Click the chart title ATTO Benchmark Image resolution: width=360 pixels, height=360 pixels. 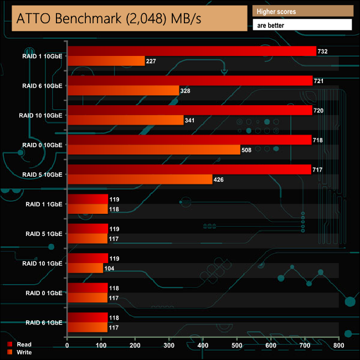(109, 18)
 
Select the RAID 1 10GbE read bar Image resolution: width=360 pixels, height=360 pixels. (191, 51)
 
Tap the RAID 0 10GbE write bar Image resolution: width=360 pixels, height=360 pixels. (153, 150)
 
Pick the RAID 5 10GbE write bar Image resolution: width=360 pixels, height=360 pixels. (140, 179)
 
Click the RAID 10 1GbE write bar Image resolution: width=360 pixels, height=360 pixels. (85, 268)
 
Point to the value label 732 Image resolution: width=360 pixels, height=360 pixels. (323, 52)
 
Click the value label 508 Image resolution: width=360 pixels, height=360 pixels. (248, 150)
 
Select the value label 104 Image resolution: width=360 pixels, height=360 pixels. (111, 268)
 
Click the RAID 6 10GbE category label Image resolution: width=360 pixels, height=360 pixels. (42, 86)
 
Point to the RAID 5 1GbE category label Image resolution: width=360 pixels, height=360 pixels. (44, 234)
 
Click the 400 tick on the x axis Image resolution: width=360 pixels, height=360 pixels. (203, 346)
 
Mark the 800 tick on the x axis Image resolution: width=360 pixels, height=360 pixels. (339, 346)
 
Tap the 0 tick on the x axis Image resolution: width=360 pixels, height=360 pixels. (67, 346)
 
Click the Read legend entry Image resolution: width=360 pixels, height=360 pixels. (24, 344)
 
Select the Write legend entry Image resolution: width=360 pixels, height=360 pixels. (24, 352)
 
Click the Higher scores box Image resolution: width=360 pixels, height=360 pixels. (302, 11)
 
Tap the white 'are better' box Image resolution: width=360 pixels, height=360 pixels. (302, 25)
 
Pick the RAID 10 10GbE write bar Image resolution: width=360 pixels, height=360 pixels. (125, 120)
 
